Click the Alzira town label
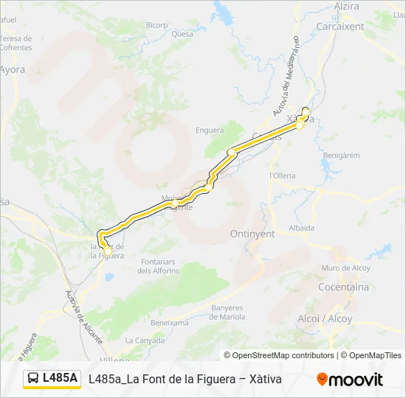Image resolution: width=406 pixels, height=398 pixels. (x=346, y=7)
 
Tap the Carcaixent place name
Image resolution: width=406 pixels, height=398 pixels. (x=340, y=27)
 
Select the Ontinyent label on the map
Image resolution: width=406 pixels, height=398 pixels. (x=252, y=234)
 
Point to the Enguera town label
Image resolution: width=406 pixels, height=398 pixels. (x=210, y=130)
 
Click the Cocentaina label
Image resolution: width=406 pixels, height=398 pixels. (x=343, y=287)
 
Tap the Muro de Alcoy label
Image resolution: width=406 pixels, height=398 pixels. (x=345, y=268)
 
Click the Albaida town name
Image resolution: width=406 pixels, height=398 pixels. (x=302, y=228)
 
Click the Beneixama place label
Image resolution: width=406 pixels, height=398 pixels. (x=169, y=323)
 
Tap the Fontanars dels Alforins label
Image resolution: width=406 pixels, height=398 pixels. (x=158, y=267)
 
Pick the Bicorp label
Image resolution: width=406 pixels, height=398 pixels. (x=156, y=25)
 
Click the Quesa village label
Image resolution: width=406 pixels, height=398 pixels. (x=182, y=34)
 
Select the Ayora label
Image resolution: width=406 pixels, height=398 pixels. (x=13, y=70)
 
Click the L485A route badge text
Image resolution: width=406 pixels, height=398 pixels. (x=60, y=378)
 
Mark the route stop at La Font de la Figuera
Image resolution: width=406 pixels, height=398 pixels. (x=109, y=251)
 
